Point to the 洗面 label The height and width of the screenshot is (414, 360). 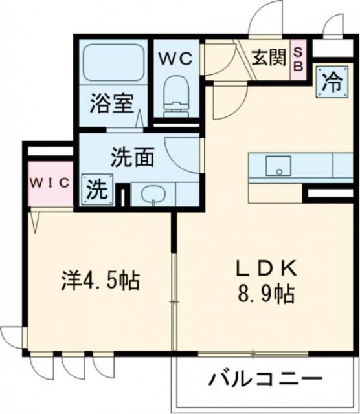click(x=133, y=158)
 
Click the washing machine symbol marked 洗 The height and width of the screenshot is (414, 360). click(x=95, y=191)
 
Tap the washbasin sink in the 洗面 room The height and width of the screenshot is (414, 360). click(x=153, y=194)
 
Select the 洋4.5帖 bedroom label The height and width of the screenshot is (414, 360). click(x=101, y=281)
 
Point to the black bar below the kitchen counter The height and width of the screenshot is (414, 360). click(x=330, y=193)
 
